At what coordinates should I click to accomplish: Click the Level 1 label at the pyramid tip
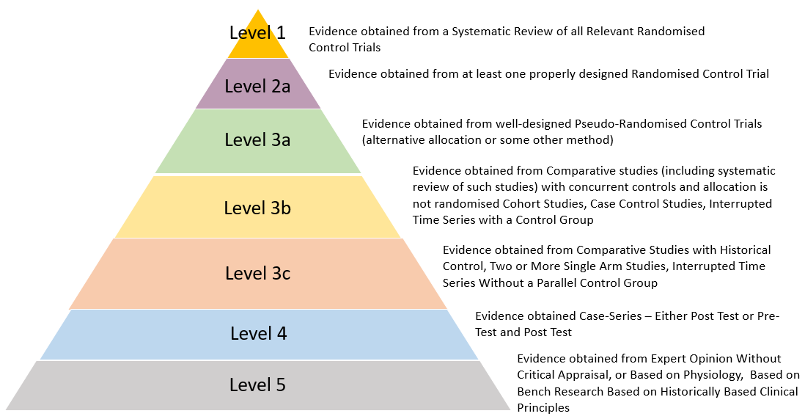[257, 32]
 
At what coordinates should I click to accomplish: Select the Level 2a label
[257, 86]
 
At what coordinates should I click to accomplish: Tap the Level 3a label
[257, 140]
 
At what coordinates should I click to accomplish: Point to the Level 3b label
[257, 208]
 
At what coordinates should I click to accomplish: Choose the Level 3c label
[257, 274]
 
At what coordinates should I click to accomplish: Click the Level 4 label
[258, 334]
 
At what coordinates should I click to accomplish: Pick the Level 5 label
[257, 385]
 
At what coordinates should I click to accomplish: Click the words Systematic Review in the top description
[494, 32]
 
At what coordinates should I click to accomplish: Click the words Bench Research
[551, 392]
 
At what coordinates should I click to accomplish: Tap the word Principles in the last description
[543, 408]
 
